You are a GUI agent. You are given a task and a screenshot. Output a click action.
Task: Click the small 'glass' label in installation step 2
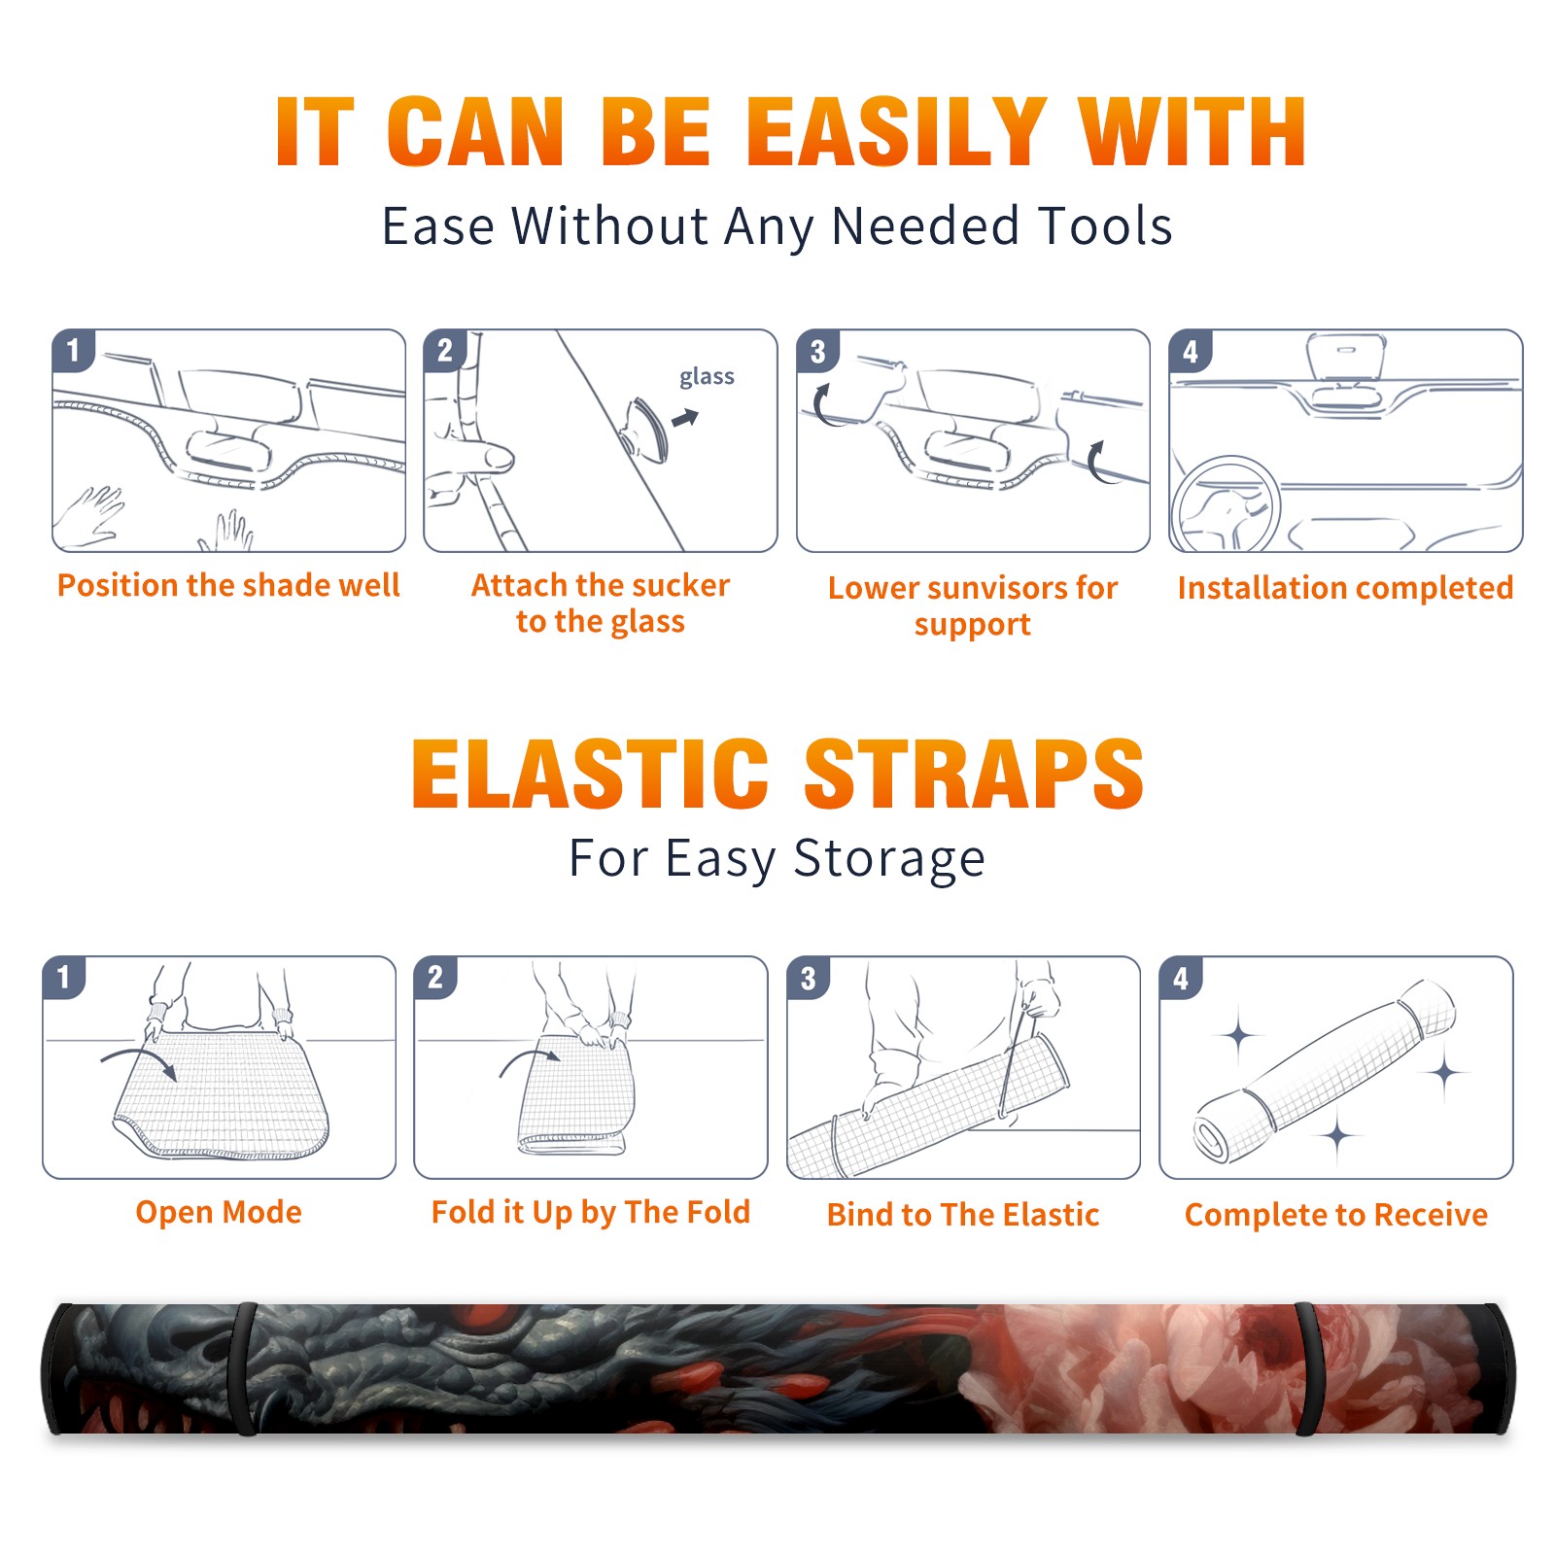707,377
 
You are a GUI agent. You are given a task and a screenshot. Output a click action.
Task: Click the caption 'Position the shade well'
228,585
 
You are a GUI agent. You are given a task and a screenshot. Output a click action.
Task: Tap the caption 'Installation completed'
1345,588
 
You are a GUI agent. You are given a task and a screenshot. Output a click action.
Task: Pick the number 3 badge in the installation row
817,351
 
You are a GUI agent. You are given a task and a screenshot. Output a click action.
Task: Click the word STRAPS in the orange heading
974,774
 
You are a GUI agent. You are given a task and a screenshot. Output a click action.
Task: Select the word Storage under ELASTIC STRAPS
889,859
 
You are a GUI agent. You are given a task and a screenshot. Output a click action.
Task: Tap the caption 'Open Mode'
219,1212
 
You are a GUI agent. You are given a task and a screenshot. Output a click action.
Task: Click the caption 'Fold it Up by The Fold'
591,1212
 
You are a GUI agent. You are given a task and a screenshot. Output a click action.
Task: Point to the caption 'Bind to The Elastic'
963,1215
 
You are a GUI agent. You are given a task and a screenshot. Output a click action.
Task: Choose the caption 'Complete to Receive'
1336,1215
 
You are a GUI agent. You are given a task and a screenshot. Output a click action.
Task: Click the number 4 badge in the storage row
1181,978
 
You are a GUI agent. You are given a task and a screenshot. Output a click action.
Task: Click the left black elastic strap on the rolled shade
245,1368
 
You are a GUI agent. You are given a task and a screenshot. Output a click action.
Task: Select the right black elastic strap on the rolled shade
1308,1368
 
